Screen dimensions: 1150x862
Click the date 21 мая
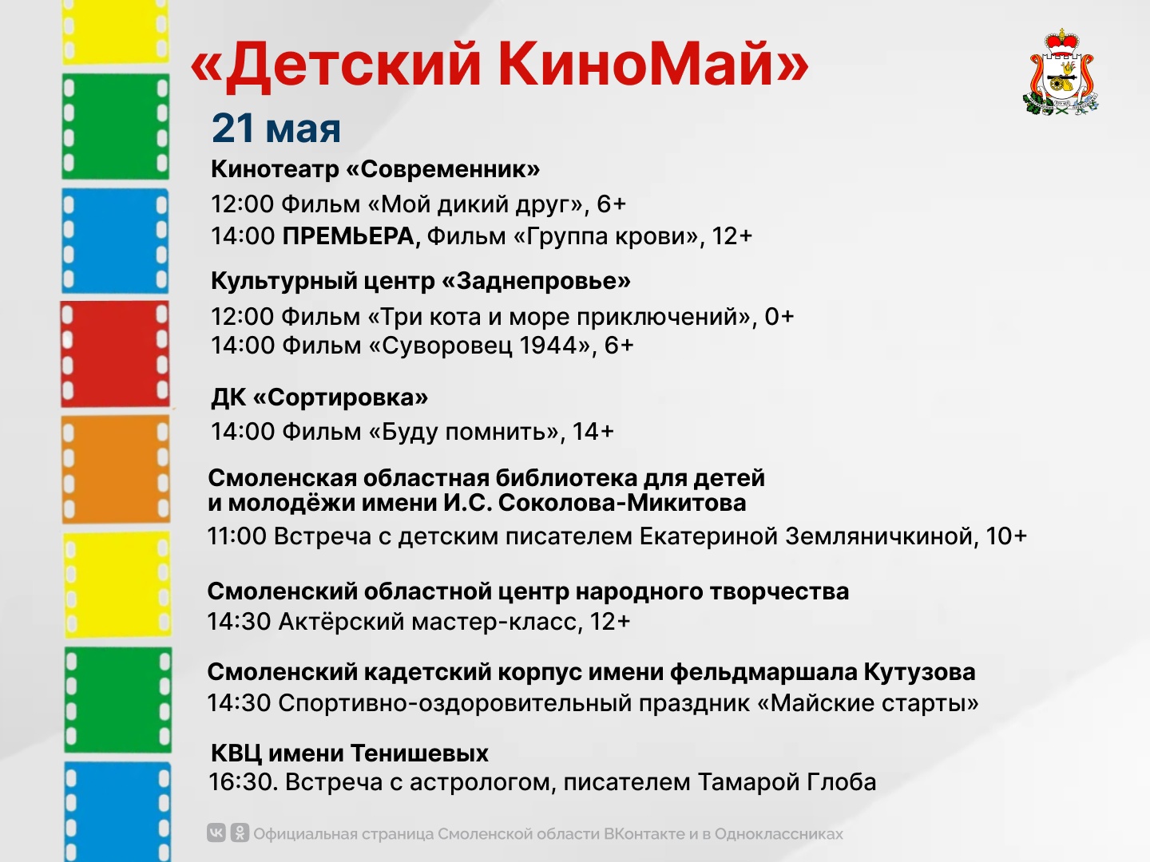(276, 128)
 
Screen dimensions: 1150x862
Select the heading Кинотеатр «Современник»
(375, 169)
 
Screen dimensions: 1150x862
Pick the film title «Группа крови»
(606, 236)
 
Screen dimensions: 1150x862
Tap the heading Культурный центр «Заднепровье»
(421, 281)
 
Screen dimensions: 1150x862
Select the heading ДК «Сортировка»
(319, 397)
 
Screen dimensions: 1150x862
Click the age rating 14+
(593, 432)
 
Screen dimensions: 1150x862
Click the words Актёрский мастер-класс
(427, 622)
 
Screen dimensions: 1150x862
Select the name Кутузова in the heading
(919, 673)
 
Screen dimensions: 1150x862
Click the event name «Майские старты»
(868, 703)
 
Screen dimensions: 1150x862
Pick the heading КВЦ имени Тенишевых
(350, 753)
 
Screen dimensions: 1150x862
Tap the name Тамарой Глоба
(787, 782)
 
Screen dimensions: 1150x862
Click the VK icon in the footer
(216, 832)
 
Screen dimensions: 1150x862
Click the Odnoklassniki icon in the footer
(240, 832)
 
